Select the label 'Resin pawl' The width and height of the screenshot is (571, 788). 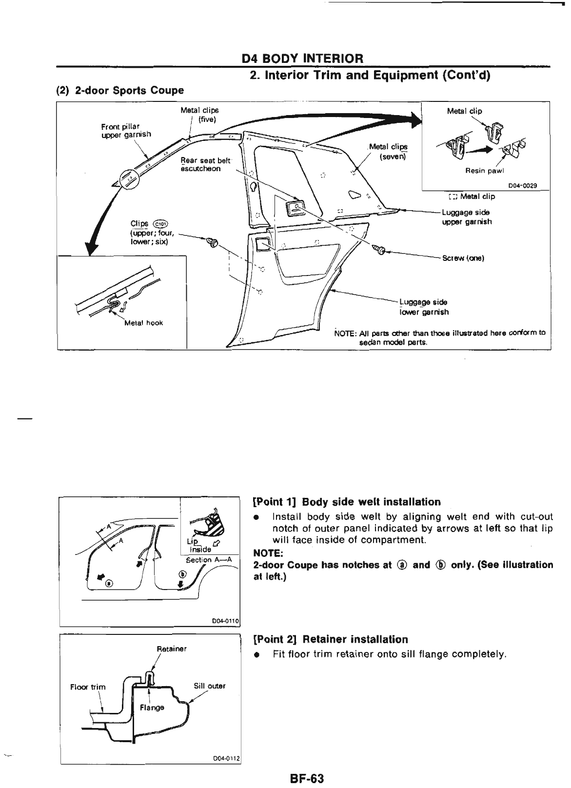click(484, 171)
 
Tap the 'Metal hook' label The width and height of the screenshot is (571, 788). click(144, 323)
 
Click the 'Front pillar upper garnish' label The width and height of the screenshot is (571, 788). click(126, 130)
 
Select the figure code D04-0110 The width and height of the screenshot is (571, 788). click(224, 621)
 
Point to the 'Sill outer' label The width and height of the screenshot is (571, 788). click(210, 686)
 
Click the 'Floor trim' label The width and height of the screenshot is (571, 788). click(88, 687)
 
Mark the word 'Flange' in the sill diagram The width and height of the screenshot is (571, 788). click(152, 707)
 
